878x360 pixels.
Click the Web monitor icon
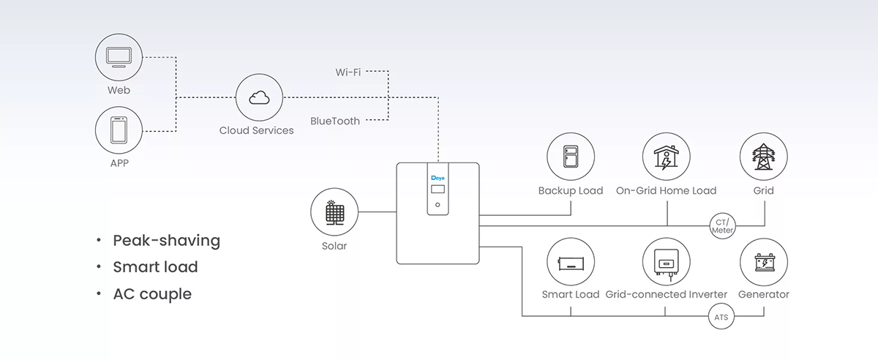point(119,56)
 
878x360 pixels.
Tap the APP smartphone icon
point(119,130)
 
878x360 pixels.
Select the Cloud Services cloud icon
point(259,99)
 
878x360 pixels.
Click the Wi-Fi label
point(348,72)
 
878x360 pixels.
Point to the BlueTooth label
point(335,121)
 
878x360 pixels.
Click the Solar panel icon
point(334,213)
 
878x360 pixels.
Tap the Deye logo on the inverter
point(438,177)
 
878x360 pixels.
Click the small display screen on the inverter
point(438,190)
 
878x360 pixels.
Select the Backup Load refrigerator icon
point(571,157)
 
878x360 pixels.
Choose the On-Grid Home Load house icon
point(666,157)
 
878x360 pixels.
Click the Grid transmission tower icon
point(764,157)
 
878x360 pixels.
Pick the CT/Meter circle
point(722,226)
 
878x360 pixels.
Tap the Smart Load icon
point(571,261)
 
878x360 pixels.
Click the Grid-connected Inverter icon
point(666,261)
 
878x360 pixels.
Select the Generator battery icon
point(764,261)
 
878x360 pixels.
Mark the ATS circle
point(721,318)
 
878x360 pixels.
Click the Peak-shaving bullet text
point(166,241)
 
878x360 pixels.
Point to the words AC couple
point(151,294)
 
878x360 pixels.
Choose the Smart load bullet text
point(155,267)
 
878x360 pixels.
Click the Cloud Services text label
point(257,130)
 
